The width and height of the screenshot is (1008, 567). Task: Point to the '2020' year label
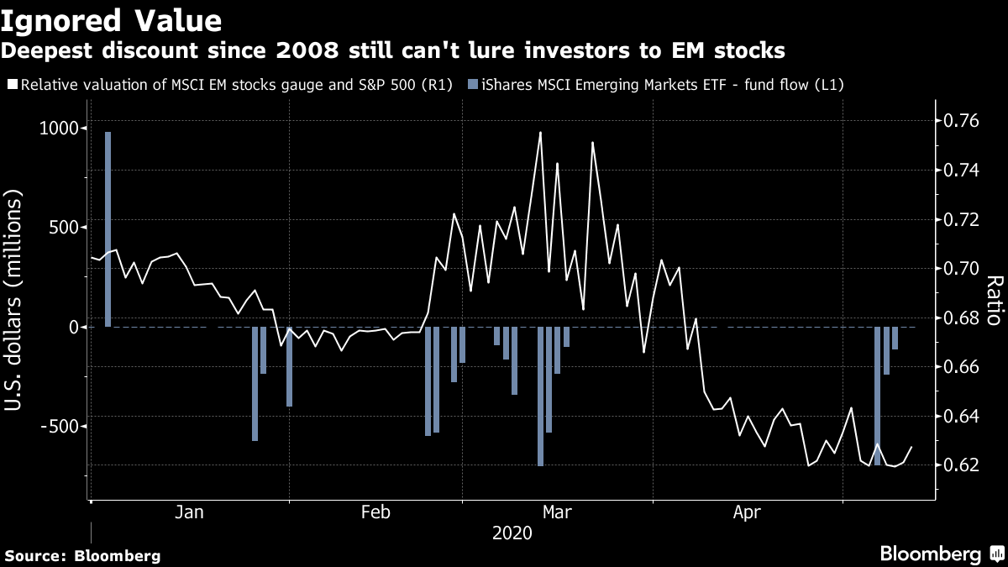pos(512,533)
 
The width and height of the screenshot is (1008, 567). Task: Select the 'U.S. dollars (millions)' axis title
pos(15,300)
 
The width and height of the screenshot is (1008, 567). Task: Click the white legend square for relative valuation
pos(11,85)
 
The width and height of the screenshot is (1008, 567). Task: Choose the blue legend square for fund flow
pos(473,85)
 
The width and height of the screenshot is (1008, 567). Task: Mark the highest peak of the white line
pos(540,133)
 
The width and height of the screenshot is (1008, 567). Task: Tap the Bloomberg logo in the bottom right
pos(930,554)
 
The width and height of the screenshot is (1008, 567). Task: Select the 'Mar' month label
pos(557,512)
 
